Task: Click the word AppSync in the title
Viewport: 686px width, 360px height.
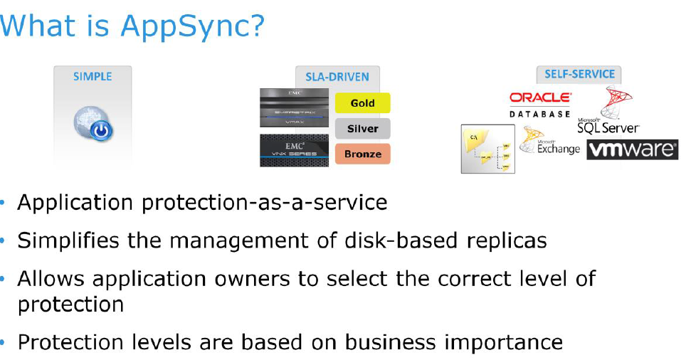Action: (x=192, y=26)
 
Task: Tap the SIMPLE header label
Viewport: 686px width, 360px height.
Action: (x=93, y=76)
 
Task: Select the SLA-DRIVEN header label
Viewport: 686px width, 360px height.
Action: (x=337, y=77)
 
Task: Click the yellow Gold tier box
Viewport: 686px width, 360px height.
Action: (x=362, y=103)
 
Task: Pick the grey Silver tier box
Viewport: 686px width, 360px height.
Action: (x=362, y=129)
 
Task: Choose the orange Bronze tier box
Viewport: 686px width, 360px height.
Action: (x=362, y=154)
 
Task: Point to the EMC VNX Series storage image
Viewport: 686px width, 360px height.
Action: (x=294, y=150)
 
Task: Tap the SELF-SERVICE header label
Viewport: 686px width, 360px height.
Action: (x=579, y=74)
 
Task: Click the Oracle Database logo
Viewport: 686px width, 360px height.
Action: (x=540, y=103)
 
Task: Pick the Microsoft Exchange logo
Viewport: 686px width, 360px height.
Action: (x=549, y=142)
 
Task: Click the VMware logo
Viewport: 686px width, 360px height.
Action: (x=631, y=149)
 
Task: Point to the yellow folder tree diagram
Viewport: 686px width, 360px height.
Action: (x=487, y=149)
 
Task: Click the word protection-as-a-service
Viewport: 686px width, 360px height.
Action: (x=264, y=203)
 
